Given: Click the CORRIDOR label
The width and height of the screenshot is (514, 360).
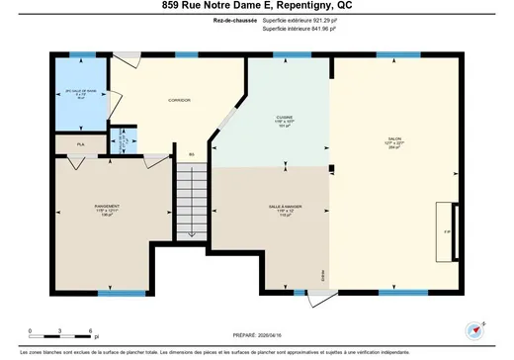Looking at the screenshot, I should click(x=179, y=100).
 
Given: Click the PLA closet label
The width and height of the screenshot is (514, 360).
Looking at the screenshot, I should click(x=82, y=144).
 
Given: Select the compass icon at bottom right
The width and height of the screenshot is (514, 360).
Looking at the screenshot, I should click(x=471, y=329).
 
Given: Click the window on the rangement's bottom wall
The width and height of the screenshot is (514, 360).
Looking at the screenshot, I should click(x=114, y=292).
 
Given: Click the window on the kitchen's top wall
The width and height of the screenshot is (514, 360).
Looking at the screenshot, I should click(x=287, y=54).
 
